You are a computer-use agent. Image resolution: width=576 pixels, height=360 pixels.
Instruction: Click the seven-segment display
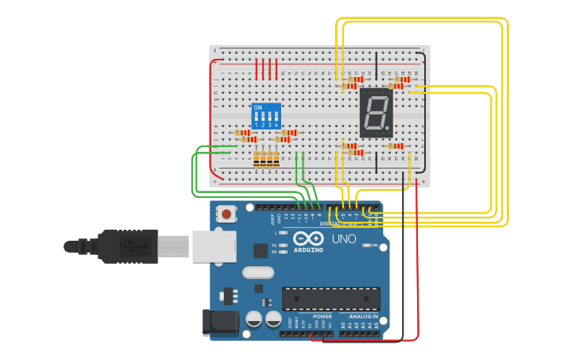pyautogui.click(x=376, y=111)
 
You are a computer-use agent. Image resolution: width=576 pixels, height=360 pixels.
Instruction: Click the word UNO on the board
pyautogui.click(x=343, y=239)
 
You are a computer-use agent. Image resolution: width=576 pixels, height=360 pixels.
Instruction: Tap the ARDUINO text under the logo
pyautogui.click(x=308, y=250)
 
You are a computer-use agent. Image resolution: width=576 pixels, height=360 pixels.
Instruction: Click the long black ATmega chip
pyautogui.click(x=331, y=298)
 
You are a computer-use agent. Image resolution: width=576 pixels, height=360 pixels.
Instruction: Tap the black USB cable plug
pyautogui.click(x=127, y=246)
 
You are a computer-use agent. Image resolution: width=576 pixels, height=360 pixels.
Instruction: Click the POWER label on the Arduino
pyautogui.click(x=322, y=315)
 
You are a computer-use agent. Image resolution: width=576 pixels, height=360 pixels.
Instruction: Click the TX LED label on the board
pyautogui.click(x=274, y=245)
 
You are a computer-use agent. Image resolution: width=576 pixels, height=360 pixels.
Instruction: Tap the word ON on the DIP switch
pyautogui.click(x=257, y=106)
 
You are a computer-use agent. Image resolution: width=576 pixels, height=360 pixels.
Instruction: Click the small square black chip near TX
pyautogui.click(x=261, y=250)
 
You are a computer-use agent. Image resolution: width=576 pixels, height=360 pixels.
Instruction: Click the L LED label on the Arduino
pyautogui.click(x=275, y=233)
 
